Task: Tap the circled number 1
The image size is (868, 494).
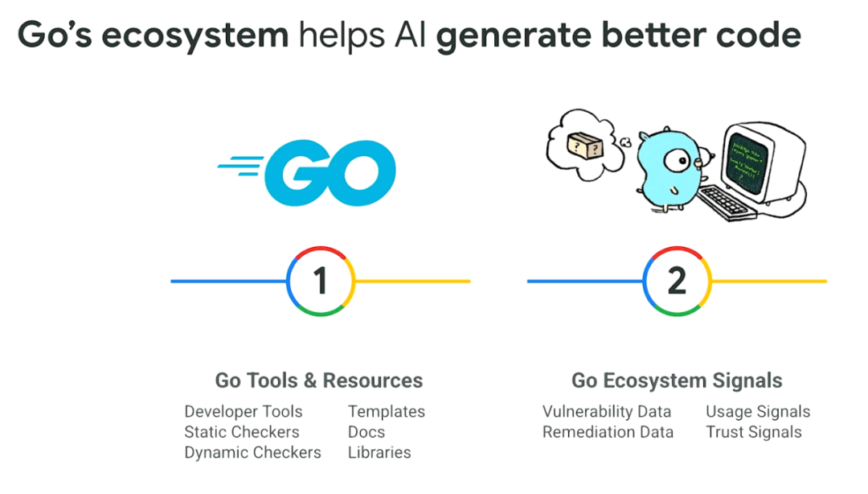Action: coord(321,281)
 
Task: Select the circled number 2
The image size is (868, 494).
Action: coord(677,281)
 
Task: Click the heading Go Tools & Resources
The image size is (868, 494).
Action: coord(318,380)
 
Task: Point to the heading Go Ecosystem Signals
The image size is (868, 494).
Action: coord(677,380)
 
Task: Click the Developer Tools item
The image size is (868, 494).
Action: coord(244,411)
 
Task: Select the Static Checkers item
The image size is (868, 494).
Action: coord(242,432)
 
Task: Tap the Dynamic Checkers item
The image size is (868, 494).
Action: coord(252,452)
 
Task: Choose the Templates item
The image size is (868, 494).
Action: coord(387,411)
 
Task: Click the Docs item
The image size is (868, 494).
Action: coord(366,432)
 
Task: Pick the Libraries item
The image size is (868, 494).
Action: coord(379,452)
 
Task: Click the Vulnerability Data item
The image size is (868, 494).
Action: coord(607,411)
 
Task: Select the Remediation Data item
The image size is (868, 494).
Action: coord(608,432)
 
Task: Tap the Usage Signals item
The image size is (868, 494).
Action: coord(758,411)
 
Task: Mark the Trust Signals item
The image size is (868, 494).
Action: coord(754,432)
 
